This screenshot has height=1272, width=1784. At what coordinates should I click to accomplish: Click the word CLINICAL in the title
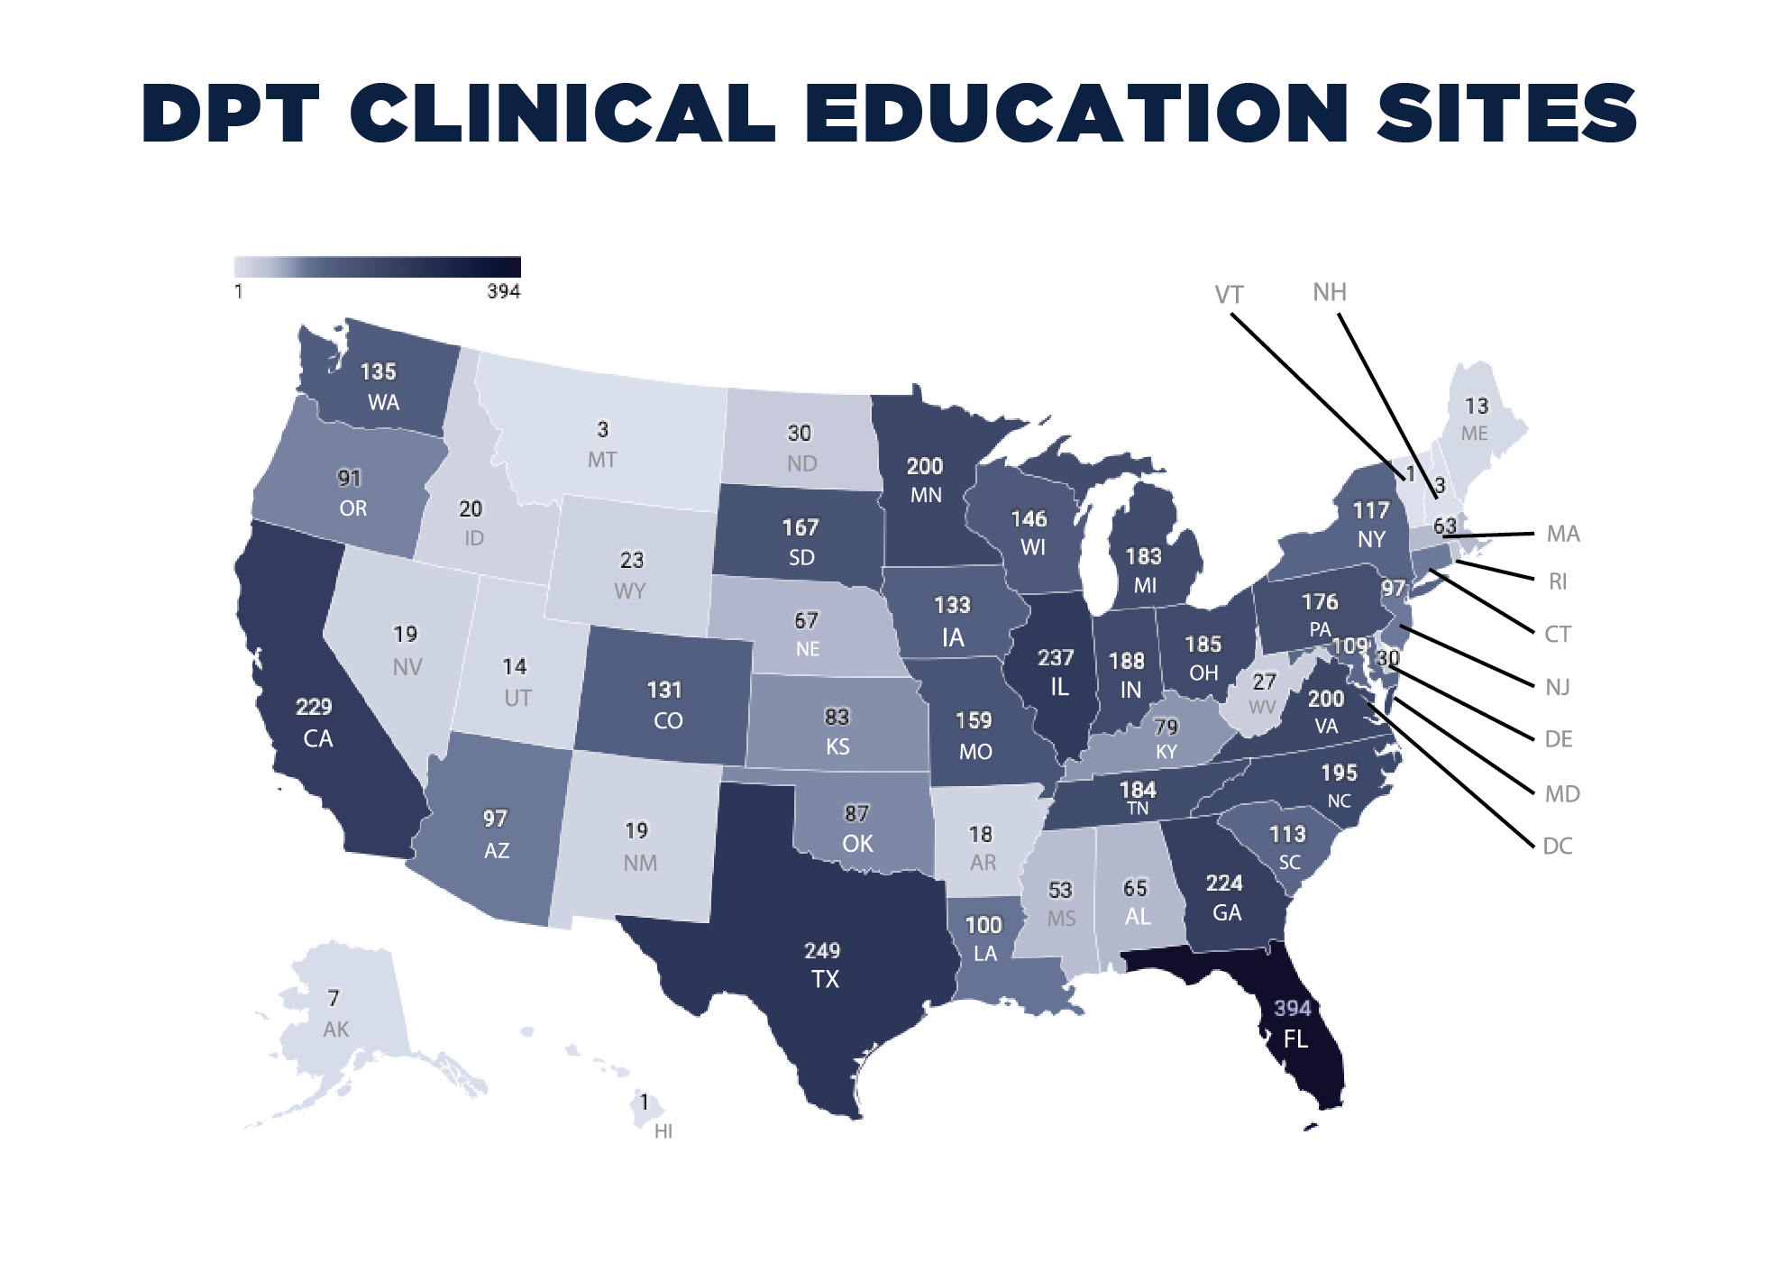(563, 114)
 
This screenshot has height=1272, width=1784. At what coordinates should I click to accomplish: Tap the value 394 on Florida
(1292, 1008)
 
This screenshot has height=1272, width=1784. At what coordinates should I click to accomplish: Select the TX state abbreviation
(825, 979)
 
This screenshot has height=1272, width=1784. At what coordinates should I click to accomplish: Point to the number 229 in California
(314, 707)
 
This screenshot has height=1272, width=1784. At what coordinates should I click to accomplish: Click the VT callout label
(1229, 295)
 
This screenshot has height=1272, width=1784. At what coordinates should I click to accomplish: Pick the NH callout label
(1330, 292)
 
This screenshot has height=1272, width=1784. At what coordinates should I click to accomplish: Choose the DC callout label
(1558, 846)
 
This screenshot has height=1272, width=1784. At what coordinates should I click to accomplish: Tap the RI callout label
(1558, 581)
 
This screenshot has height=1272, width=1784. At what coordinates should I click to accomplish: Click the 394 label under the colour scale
(504, 291)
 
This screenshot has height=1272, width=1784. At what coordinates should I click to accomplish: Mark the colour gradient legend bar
(377, 267)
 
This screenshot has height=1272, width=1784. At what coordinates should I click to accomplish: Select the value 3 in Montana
(602, 429)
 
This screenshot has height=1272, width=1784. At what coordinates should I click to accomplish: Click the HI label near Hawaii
(663, 1131)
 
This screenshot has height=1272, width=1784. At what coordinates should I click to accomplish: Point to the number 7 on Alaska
(334, 998)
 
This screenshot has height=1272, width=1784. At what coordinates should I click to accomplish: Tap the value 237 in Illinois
(1056, 657)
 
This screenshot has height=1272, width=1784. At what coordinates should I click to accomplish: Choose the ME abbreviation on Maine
(1475, 434)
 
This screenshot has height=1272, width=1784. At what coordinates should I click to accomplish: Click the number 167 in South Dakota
(801, 526)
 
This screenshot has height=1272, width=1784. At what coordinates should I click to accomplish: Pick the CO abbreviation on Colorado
(668, 721)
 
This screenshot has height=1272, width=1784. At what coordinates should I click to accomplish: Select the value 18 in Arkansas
(981, 834)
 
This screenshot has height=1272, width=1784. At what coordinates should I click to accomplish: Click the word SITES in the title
(1506, 114)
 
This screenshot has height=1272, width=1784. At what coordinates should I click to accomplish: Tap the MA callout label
(1563, 534)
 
